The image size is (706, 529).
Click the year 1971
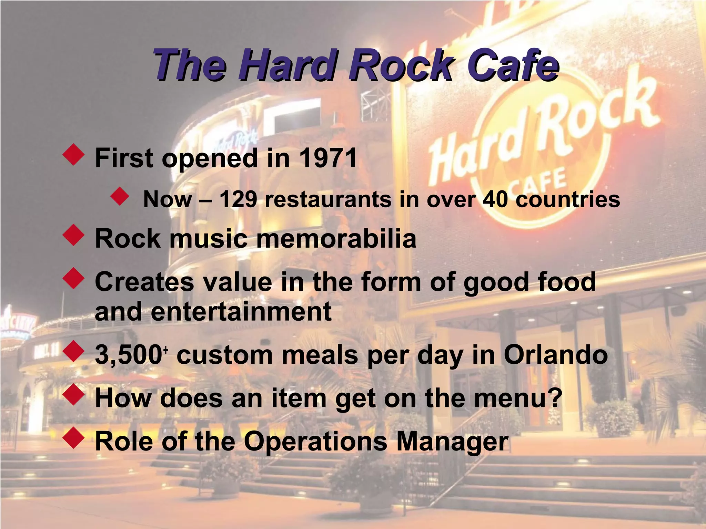coord(327,158)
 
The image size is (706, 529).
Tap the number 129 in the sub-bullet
coord(238,199)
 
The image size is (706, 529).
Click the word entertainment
coord(241,311)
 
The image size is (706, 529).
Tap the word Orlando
coord(556,355)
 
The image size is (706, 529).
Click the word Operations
coord(315,442)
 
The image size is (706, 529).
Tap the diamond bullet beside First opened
coord(73,156)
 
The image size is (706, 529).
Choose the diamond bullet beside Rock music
coord(73,236)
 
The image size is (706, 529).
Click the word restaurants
coord(328,199)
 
